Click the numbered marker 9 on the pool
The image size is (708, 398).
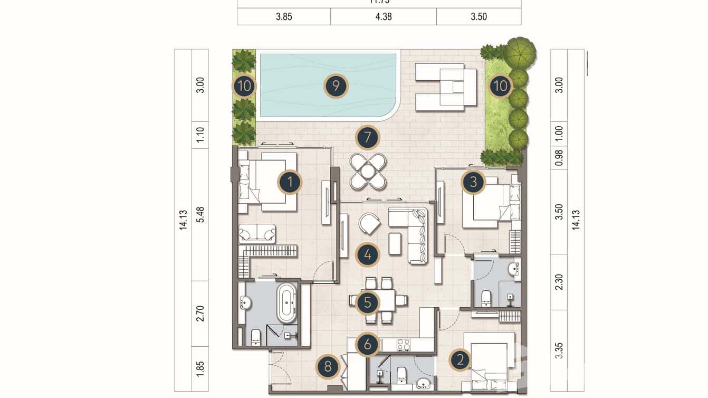336,86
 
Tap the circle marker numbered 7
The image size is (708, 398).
367,138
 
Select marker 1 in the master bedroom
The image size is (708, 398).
290,183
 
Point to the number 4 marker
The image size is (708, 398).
367,255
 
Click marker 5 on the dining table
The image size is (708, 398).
367,303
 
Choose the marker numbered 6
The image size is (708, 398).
367,345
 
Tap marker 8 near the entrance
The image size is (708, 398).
328,367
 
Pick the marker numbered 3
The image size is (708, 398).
473,182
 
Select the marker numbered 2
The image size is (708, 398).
460,361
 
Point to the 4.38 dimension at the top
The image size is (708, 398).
383,17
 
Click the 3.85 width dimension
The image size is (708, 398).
284,17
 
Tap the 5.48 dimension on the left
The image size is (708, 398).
200,214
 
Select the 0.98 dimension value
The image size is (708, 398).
559,158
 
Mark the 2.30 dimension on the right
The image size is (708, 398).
559,282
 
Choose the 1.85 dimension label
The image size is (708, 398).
200,368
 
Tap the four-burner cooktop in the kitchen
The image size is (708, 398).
404,345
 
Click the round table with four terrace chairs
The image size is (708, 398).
368,171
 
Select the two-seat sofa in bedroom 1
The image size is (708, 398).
257,233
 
